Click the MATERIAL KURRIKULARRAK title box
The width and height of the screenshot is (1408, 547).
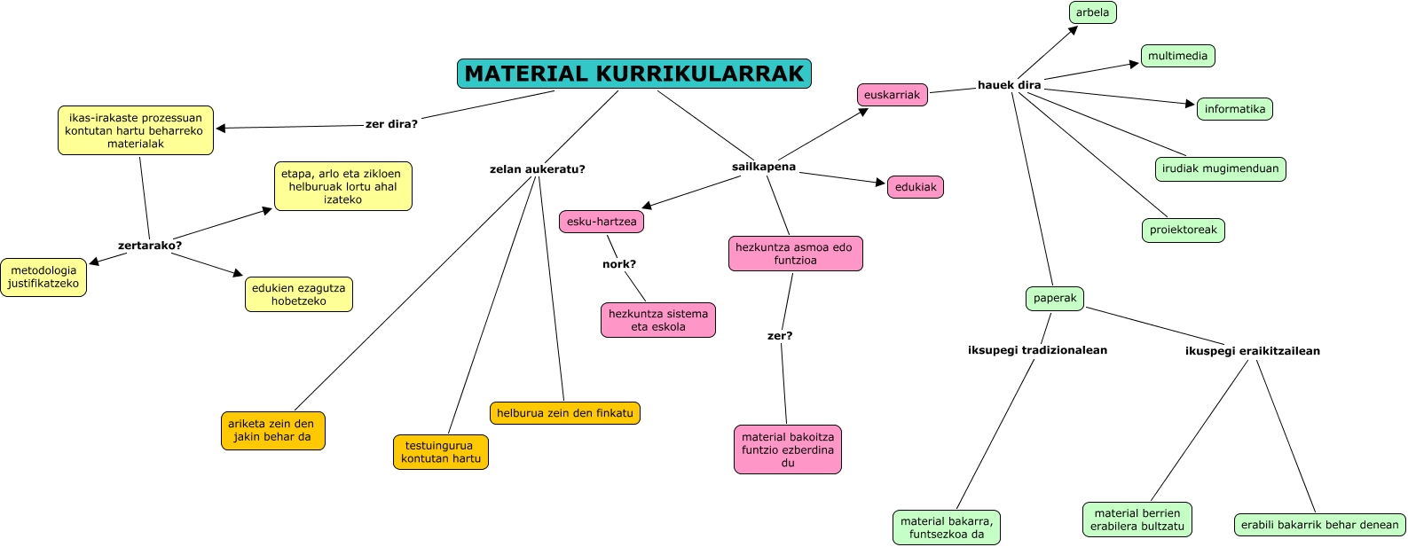[x=633, y=74]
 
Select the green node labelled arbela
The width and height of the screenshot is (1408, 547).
[x=1092, y=12]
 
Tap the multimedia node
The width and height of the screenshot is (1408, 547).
[x=1177, y=56]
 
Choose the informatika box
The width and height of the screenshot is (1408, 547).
[x=1234, y=109]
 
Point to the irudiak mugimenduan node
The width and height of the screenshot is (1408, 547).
[x=1220, y=168]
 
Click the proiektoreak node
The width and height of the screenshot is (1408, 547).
[x=1183, y=230]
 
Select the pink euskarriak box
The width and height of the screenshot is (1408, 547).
[x=892, y=95]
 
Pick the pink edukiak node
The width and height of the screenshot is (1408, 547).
[x=916, y=187]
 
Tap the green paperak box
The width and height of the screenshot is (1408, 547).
[x=1054, y=298]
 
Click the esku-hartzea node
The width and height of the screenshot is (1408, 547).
[x=602, y=222]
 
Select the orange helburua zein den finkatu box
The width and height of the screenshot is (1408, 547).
[x=564, y=413]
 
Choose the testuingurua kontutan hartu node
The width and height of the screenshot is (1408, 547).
[x=441, y=452]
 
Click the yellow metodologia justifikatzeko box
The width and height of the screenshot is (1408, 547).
[x=43, y=277]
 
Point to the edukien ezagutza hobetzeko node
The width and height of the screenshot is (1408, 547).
[x=298, y=294]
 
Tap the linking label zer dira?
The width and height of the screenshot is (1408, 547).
[x=391, y=124]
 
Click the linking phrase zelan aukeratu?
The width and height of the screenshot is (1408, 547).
[x=537, y=169]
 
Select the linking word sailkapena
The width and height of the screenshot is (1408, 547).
[x=763, y=167]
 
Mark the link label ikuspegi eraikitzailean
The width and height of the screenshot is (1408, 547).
[x=1252, y=351]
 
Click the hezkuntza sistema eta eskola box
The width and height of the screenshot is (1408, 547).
[x=657, y=320]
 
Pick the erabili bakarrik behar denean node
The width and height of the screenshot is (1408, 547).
[x=1319, y=525]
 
